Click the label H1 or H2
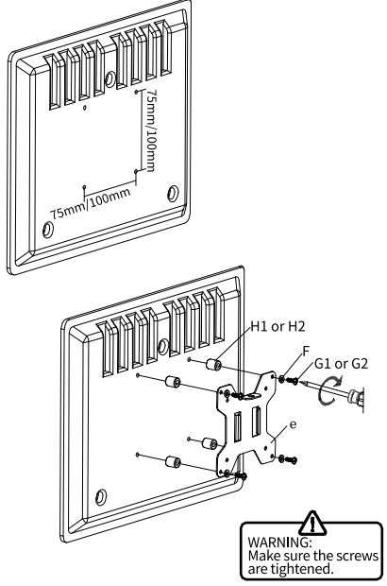pos(278,327)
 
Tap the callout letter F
pos(306,352)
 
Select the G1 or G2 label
pos(341,363)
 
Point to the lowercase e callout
pos(294,425)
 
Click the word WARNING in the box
pos(278,542)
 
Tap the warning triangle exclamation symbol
pos(312,524)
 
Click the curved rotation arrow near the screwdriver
pos(329,390)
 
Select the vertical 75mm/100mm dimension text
pos(150,130)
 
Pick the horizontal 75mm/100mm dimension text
pos(91,203)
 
